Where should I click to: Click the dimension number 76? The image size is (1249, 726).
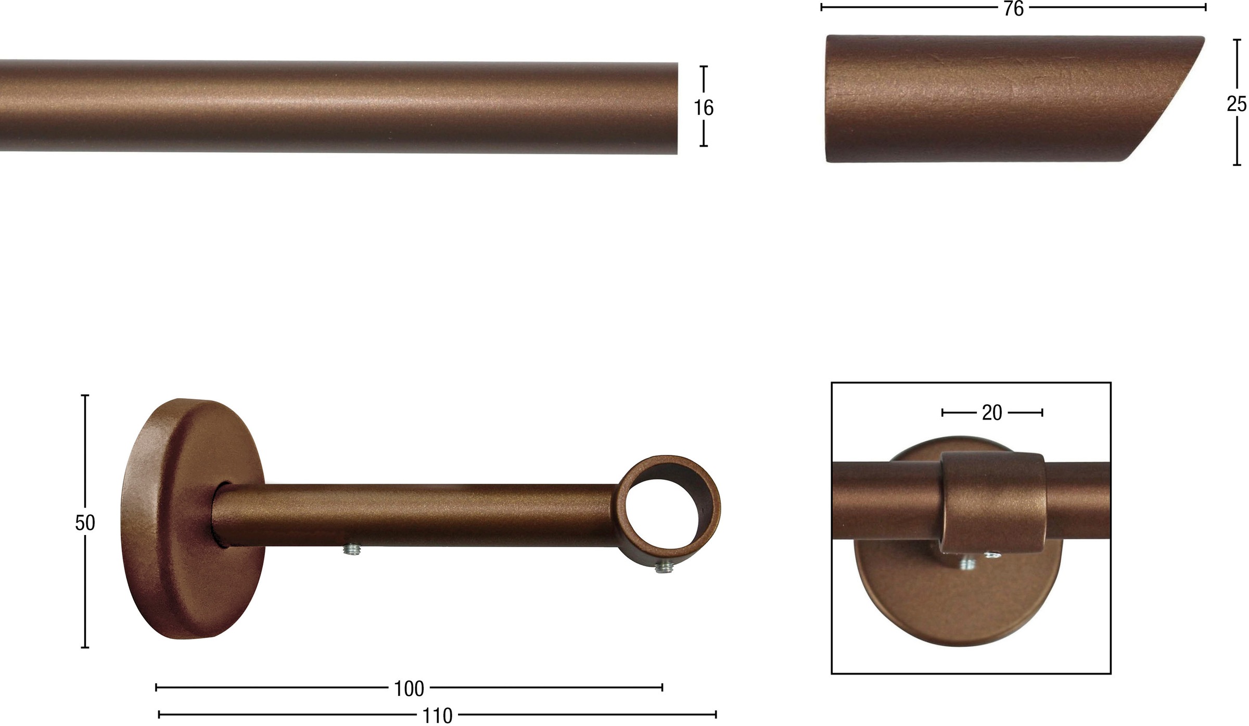[1014, 9]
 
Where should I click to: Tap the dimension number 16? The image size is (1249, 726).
[704, 108]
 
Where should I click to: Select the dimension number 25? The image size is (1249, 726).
[1237, 104]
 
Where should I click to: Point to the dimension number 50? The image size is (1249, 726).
[85, 523]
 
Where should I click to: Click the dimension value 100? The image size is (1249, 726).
[409, 689]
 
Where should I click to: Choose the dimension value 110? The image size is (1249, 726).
[438, 716]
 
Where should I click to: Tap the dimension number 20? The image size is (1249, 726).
[992, 413]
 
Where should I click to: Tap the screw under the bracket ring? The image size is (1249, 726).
[662, 567]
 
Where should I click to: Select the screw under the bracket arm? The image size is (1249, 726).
[352, 550]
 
